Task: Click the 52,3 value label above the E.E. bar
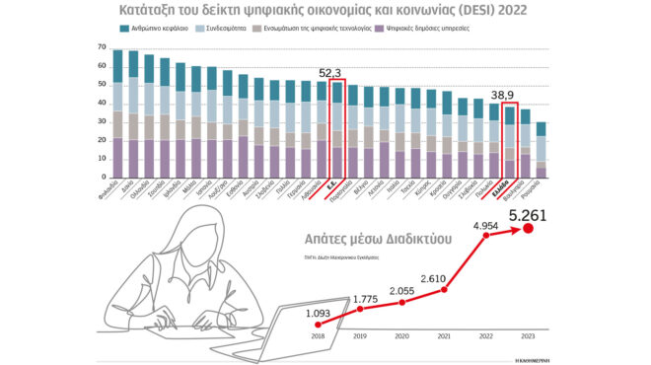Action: tap(330, 72)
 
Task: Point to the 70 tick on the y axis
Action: tap(103, 47)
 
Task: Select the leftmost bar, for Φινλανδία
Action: tap(118, 113)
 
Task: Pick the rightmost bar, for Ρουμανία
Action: tap(541, 150)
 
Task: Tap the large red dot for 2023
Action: tap(528, 228)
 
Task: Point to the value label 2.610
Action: tap(446, 279)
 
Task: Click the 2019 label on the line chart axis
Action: tap(359, 336)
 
